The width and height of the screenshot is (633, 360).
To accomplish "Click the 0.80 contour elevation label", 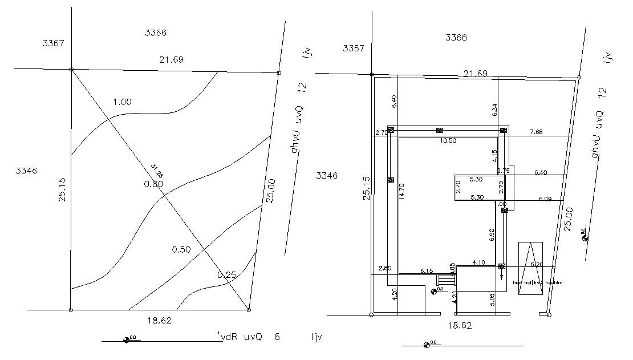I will pos(153,184).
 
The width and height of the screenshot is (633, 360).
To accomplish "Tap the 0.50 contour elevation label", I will pos(181,249).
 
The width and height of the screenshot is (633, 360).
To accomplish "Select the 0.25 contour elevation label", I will pos(226,275).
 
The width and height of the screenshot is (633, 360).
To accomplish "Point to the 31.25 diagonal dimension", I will pos(156,170).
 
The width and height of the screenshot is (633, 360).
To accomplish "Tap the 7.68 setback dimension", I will pos(535,132).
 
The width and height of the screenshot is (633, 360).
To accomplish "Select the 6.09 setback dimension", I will pos(546,199).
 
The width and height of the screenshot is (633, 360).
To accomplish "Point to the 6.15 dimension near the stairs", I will pos(427,270).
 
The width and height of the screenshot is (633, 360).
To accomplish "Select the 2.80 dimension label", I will pos(384,268).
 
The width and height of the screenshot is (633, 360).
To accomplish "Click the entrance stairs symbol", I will pos(445,280).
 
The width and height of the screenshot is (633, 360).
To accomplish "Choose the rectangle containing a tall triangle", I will pos(530,268).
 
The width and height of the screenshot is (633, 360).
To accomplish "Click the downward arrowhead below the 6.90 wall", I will pos(502,277).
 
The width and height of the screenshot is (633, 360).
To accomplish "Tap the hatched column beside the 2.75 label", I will pos(391,130).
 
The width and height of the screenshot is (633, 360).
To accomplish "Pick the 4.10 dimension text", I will pos(478,262).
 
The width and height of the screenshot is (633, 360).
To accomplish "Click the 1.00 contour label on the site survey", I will pos(122,102).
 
